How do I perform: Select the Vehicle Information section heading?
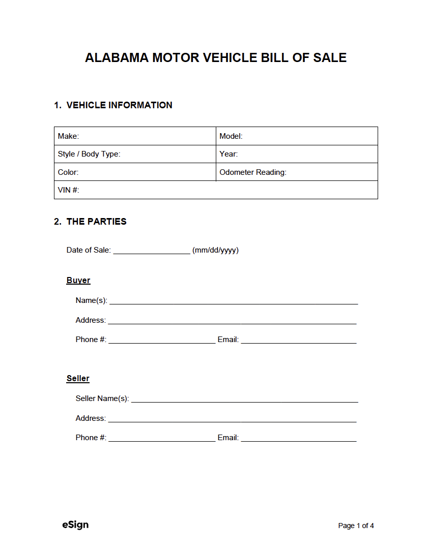click(113, 105)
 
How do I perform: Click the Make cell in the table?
click(135, 136)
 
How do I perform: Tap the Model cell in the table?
click(297, 136)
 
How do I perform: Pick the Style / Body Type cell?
click(135, 154)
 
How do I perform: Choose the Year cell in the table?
click(297, 154)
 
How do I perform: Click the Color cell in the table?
click(135, 172)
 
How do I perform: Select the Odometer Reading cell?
click(297, 172)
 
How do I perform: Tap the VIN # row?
click(216, 190)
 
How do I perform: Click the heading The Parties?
click(91, 222)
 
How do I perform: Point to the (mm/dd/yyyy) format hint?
click(215, 250)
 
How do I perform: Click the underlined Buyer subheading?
click(78, 281)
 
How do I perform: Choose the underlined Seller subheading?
click(78, 379)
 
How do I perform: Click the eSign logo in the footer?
click(72, 525)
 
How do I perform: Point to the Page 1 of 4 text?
click(356, 526)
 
